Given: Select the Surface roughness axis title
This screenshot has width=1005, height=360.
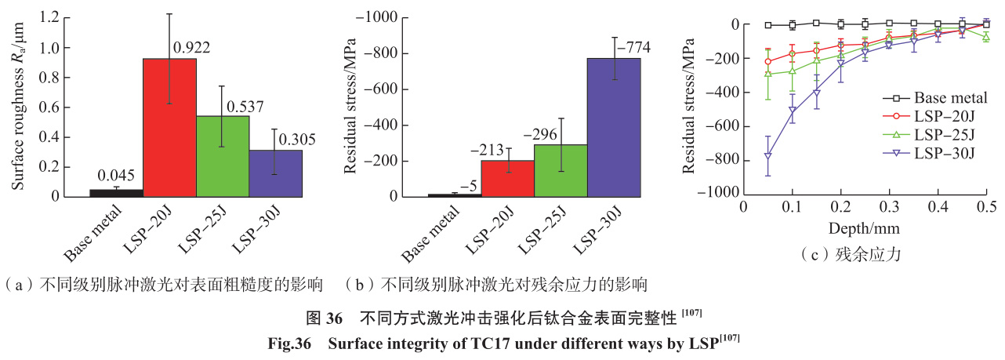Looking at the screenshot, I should tap(16, 106).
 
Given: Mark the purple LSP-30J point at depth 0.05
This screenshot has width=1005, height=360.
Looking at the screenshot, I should tap(768, 156).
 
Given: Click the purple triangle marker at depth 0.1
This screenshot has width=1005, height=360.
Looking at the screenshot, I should tap(793, 111).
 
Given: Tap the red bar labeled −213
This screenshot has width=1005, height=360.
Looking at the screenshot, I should tap(508, 178).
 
